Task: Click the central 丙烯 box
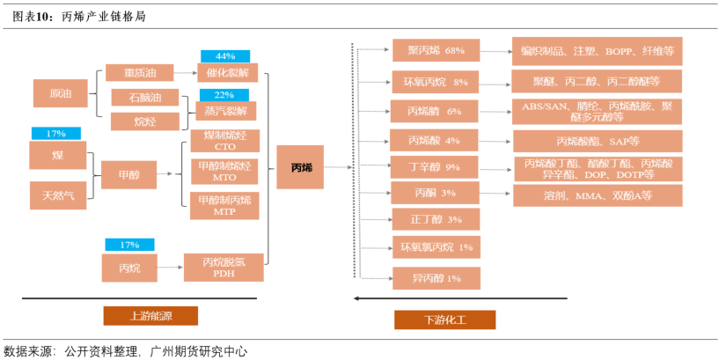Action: tap(301, 167)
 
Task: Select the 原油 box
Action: tap(61, 94)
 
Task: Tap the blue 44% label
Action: tap(226, 56)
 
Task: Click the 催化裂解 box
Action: tap(227, 73)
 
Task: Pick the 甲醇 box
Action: tap(128, 174)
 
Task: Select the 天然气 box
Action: tap(58, 194)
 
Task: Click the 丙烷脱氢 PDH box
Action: tap(224, 267)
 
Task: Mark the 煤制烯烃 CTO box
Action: tap(225, 141)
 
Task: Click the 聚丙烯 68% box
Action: tap(435, 51)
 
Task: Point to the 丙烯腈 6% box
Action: tap(435, 112)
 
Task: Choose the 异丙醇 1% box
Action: tap(436, 278)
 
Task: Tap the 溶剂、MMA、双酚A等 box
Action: tap(598, 195)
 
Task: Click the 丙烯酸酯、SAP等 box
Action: tap(598, 141)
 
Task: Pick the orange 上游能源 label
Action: tap(150, 316)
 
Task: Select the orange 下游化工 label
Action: tap(444, 320)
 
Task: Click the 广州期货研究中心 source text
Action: tap(199, 350)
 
